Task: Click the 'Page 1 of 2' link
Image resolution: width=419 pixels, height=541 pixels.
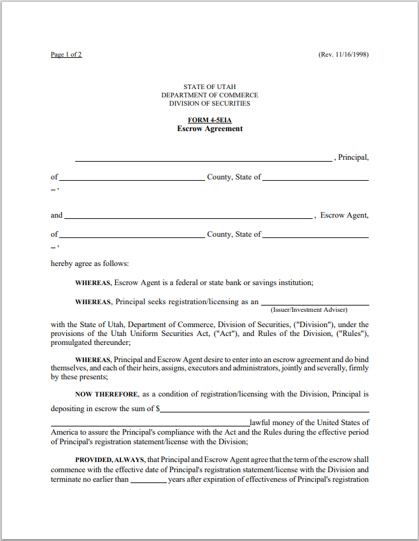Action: coord(66,55)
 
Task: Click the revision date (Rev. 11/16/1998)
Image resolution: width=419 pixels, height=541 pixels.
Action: coord(343,55)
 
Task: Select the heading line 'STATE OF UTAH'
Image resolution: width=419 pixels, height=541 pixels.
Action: coord(209,87)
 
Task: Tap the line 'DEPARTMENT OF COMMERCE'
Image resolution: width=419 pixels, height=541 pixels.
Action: coord(209,95)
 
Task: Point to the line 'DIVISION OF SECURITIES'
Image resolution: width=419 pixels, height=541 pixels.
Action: coord(209,103)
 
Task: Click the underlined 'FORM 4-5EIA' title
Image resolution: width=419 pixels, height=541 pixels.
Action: coord(209,120)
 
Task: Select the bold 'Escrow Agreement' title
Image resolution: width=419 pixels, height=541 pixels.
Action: coord(209,129)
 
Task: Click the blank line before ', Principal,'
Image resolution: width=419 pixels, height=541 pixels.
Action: coord(203,160)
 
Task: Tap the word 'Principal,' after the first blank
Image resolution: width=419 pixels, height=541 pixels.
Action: coord(353,157)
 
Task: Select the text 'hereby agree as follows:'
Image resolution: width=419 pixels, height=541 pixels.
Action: coord(90,263)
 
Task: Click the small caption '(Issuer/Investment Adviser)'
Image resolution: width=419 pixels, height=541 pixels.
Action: coord(309,310)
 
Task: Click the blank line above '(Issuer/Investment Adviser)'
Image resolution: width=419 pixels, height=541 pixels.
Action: coord(315,304)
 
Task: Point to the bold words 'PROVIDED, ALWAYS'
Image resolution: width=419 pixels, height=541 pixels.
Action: coord(103,460)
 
